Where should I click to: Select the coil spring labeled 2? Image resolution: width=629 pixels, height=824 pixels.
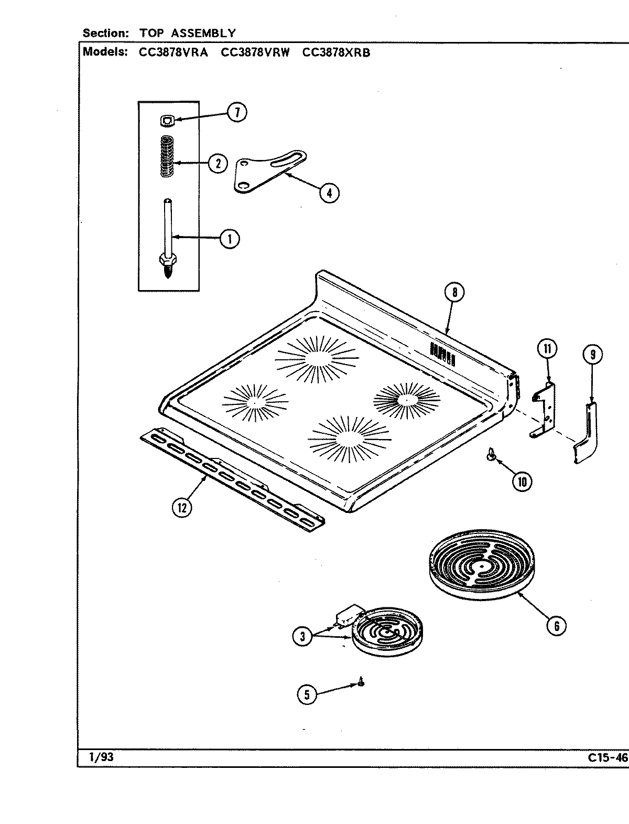coord(167,156)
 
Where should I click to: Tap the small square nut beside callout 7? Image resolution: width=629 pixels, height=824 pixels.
coord(166,121)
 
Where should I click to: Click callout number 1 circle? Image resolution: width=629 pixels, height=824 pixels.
coord(229,239)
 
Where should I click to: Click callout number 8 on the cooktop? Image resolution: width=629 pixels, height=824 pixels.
coord(454,293)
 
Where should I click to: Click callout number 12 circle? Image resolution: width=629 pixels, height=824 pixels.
coord(181,507)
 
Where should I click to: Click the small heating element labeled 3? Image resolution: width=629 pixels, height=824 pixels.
coord(387,631)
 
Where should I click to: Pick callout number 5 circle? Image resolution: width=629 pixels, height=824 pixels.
coord(307,695)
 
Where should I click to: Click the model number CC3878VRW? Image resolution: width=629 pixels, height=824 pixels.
coord(255,52)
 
